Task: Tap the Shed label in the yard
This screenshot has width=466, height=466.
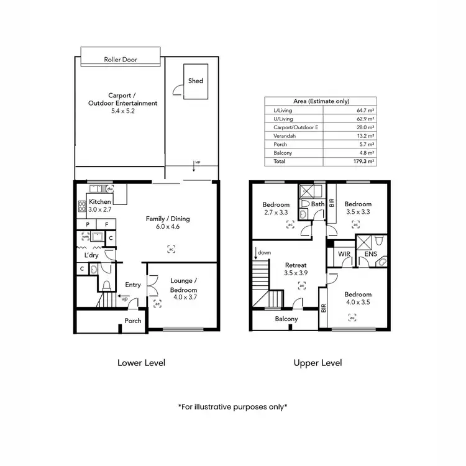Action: tap(196, 81)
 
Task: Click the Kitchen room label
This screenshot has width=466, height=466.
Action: tap(100, 203)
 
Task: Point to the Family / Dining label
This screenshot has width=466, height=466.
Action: tap(168, 219)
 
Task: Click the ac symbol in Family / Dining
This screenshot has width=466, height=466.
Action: tap(171, 249)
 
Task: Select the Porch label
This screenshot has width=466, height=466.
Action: tap(133, 321)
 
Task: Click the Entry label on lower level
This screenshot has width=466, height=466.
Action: tap(133, 285)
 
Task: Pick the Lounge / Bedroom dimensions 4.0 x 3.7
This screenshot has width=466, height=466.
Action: tap(183, 298)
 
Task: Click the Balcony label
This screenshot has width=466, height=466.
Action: tap(286, 319)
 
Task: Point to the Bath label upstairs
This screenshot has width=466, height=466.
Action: tap(318, 204)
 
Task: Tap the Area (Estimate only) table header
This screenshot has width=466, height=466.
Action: tap(321, 101)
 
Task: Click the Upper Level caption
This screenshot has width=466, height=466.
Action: tap(318, 363)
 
